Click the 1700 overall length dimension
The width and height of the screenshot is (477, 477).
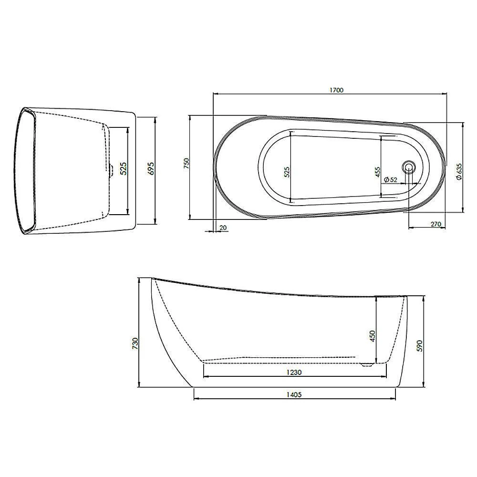point(336,90)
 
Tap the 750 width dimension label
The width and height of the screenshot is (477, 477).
point(187,163)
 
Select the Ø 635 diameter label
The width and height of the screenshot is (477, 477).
point(459,172)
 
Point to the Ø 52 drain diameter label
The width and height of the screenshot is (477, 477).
point(390,180)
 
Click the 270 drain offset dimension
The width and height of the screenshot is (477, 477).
point(436,224)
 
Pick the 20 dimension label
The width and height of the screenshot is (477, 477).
point(223,228)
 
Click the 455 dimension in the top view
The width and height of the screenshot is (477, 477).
point(377,172)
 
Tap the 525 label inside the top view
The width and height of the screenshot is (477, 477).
point(287,172)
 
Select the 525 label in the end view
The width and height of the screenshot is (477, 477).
point(123,168)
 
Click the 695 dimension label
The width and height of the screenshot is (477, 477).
point(151,168)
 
